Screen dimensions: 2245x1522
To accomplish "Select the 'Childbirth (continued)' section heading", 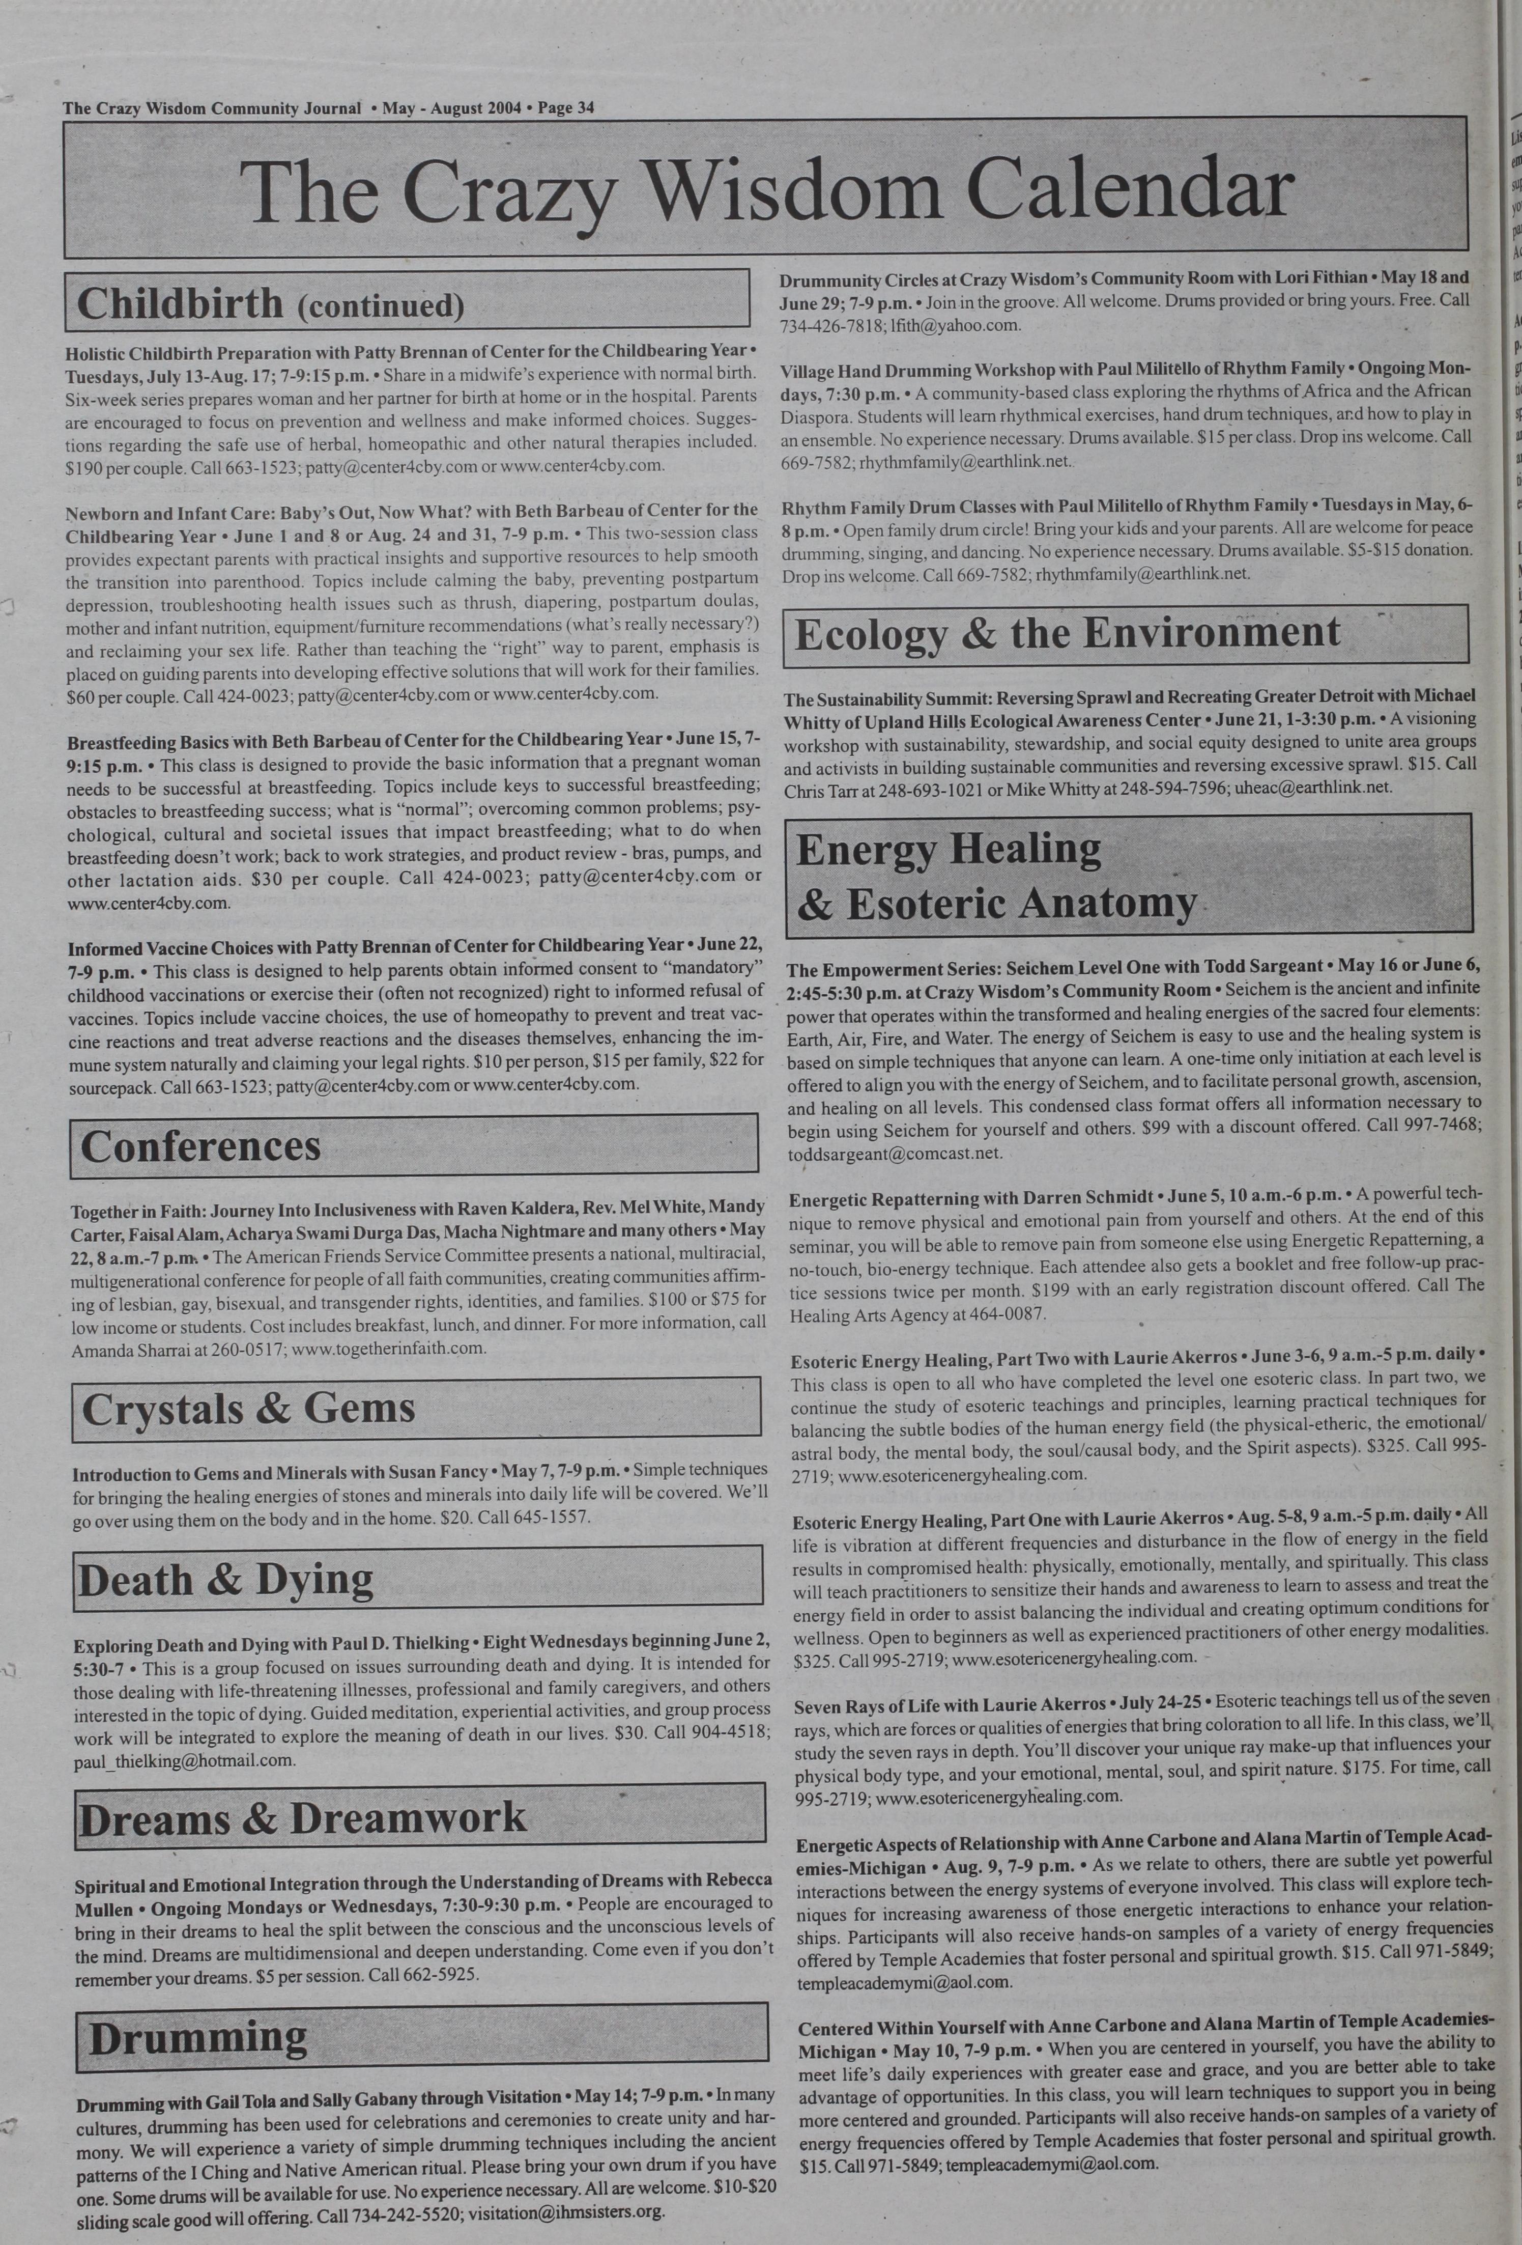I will (x=270, y=303).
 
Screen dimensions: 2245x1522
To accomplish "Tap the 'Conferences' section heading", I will (x=201, y=1146).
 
